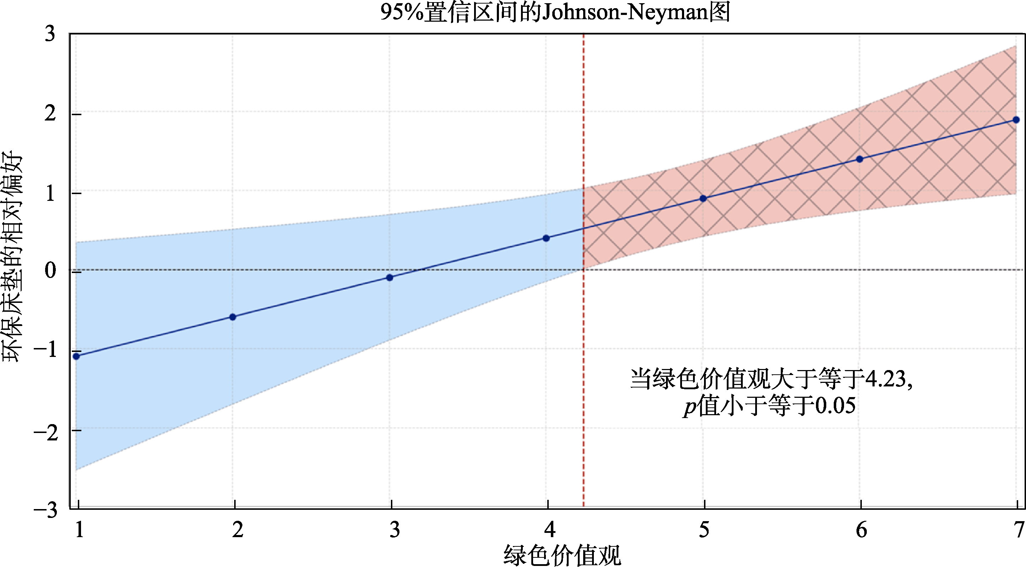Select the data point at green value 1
[76, 356]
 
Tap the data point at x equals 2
[233, 317]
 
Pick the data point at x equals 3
[390, 278]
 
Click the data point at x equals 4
[546, 238]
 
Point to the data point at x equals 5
[703, 199]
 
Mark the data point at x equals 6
[860, 159]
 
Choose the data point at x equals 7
[1016, 120]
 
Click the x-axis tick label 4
[550, 530]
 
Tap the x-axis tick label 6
[861, 530]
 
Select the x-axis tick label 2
[238, 530]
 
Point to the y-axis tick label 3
[50, 33]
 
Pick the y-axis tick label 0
[50, 271]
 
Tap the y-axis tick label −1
[46, 351]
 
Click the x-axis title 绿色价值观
[562, 555]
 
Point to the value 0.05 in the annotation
[835, 406]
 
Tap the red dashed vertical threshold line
[584, 359]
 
